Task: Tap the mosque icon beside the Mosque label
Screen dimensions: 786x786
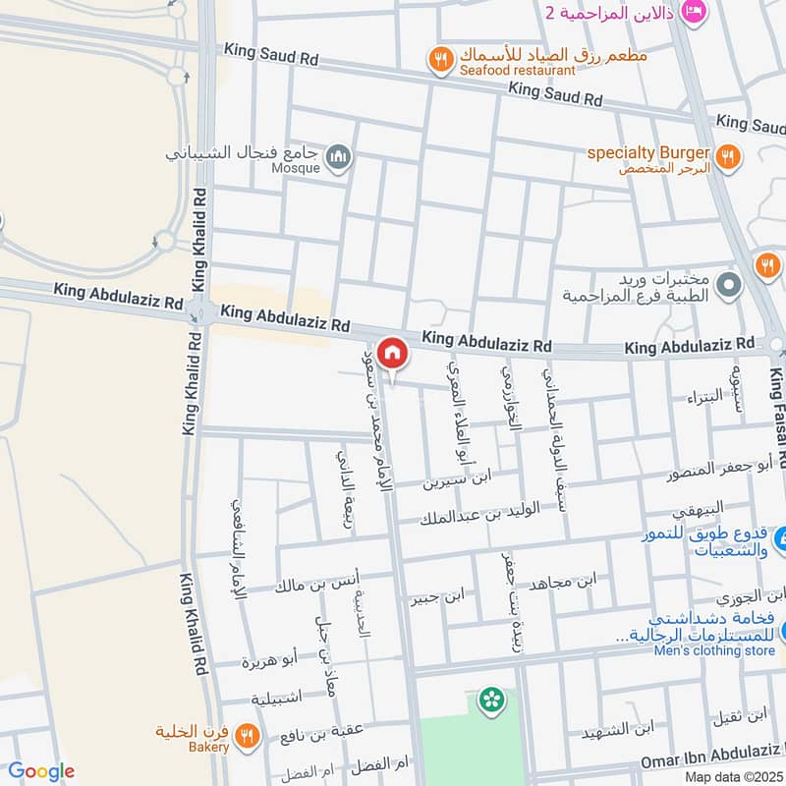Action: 339,156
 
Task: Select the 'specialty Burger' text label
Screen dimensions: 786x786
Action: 649,152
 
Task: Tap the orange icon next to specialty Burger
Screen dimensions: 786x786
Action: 728,155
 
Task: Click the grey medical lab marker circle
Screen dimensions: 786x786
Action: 728,286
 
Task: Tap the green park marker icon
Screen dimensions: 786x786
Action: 488,700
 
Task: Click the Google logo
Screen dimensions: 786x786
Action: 40,771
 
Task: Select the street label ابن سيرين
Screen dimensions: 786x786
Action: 457,482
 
